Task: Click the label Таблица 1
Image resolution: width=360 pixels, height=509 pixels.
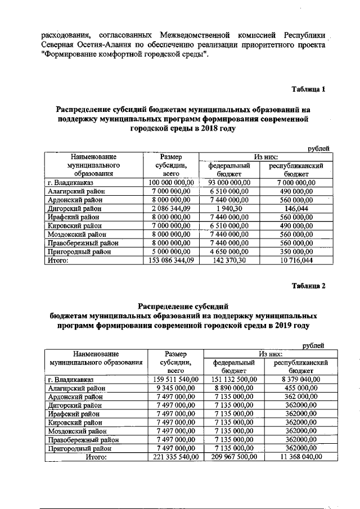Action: click(308, 89)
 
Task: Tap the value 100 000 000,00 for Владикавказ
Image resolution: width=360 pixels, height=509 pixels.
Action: click(170, 183)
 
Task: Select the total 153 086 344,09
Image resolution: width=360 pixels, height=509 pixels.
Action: click(170, 261)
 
